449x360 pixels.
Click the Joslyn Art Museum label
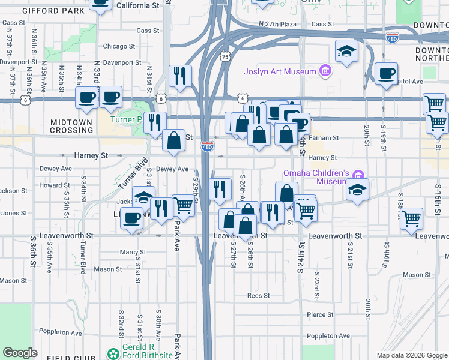click(280, 72)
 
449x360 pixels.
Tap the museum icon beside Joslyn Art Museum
click(325, 71)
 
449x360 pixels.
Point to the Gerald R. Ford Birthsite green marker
click(112, 354)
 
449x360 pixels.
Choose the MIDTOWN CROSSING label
click(71, 127)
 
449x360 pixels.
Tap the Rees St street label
click(259, 296)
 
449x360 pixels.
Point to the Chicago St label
click(115, 46)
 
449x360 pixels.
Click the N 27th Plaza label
click(278, 24)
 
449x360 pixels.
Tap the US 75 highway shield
click(225, 56)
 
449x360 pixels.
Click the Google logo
click(20, 353)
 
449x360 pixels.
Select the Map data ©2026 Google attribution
click(411, 355)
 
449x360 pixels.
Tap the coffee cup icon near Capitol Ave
click(386, 73)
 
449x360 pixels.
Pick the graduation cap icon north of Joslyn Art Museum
click(346, 51)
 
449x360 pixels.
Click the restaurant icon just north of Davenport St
click(180, 75)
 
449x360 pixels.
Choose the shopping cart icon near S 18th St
click(412, 218)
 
